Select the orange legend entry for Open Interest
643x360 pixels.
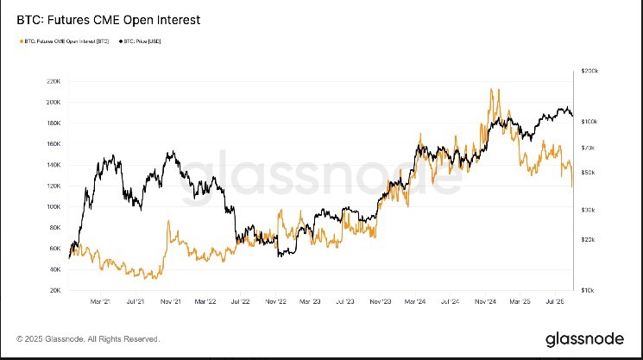click(x=61, y=41)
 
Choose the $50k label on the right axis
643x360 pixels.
click(x=589, y=173)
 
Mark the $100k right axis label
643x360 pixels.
click(x=590, y=122)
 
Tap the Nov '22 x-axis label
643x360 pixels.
click(x=275, y=302)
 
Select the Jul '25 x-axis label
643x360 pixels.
click(x=555, y=302)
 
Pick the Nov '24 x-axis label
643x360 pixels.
click(x=484, y=302)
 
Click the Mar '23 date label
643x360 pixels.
click(x=310, y=302)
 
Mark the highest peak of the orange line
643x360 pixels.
click(x=491, y=89)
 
